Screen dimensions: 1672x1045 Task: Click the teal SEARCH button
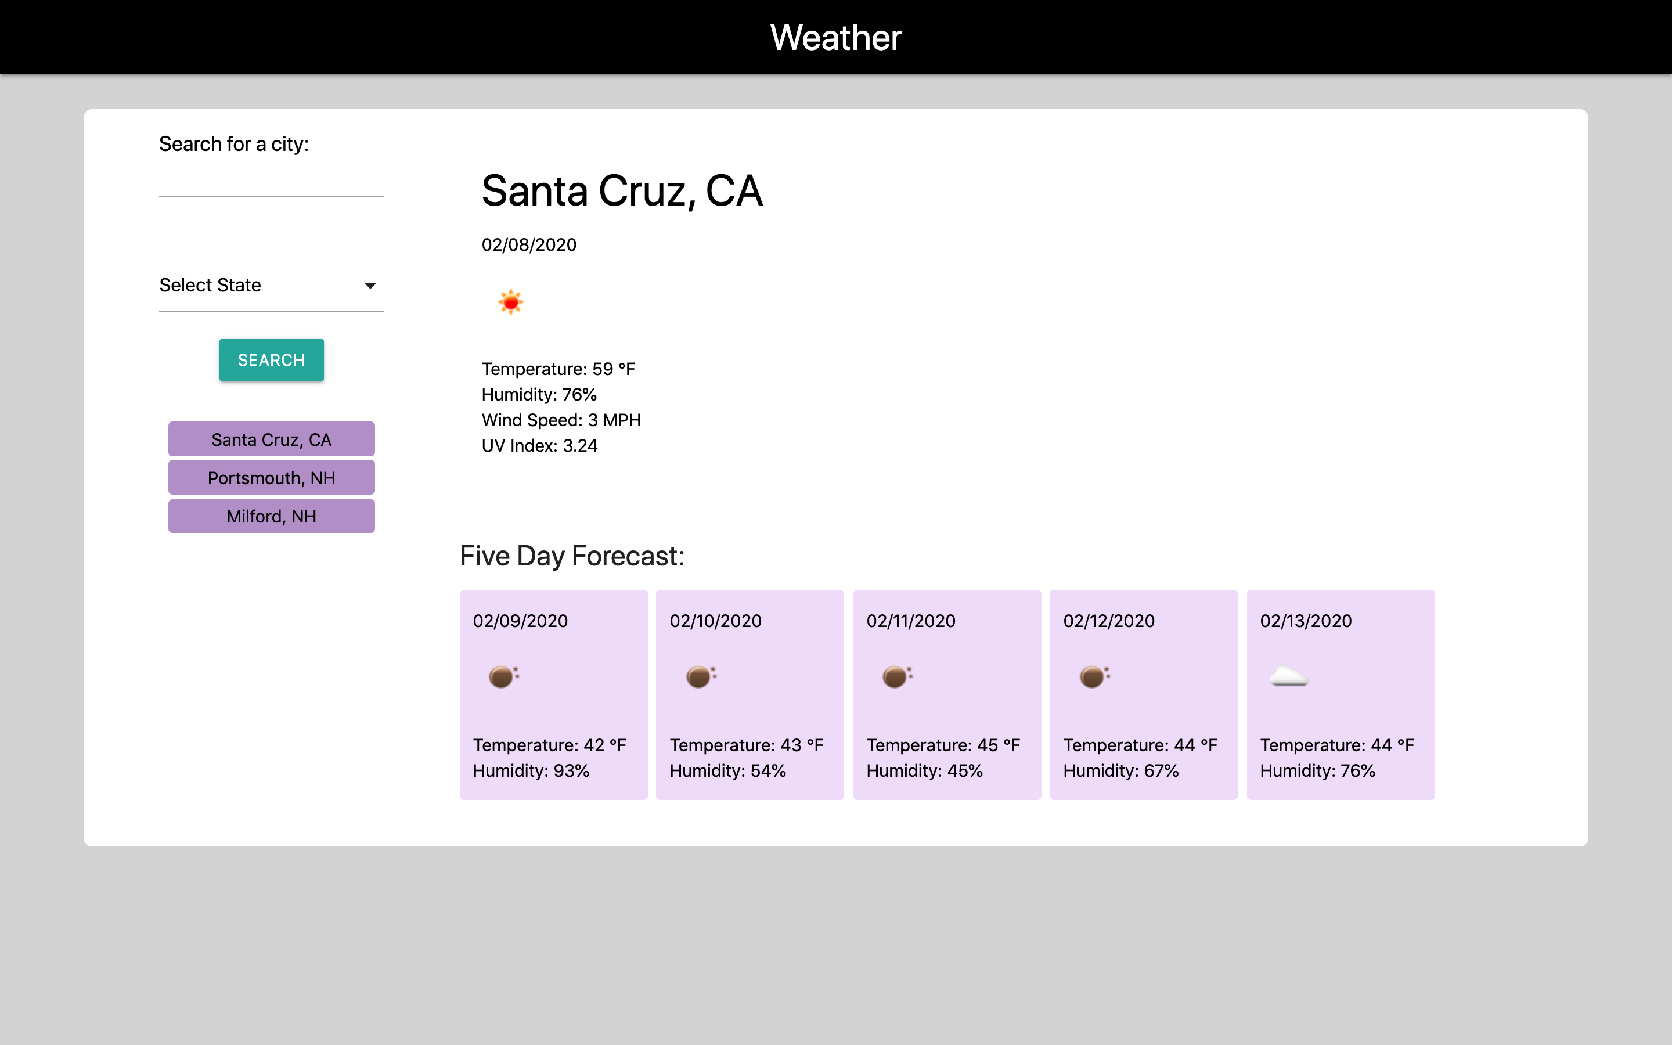(272, 359)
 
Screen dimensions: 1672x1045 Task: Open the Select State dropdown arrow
(370, 286)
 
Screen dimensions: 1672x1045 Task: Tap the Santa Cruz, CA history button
(272, 439)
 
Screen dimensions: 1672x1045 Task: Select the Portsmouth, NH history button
(272, 478)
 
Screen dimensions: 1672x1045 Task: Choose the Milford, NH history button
(272, 516)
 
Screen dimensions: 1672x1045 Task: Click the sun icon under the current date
(510, 302)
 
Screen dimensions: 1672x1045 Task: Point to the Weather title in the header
(836, 37)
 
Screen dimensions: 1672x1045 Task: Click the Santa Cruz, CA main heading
(622, 191)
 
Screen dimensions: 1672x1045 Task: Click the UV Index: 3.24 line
(539, 446)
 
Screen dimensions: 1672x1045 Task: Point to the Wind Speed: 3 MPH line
(561, 420)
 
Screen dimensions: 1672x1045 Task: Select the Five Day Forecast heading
(572, 556)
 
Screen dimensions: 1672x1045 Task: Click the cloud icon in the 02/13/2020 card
(1289, 676)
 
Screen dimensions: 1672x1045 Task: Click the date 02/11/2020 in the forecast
(911, 621)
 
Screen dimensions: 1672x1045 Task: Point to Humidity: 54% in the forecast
(728, 770)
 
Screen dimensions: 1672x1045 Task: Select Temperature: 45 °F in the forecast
(943, 745)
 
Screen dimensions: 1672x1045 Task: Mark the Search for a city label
(234, 144)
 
